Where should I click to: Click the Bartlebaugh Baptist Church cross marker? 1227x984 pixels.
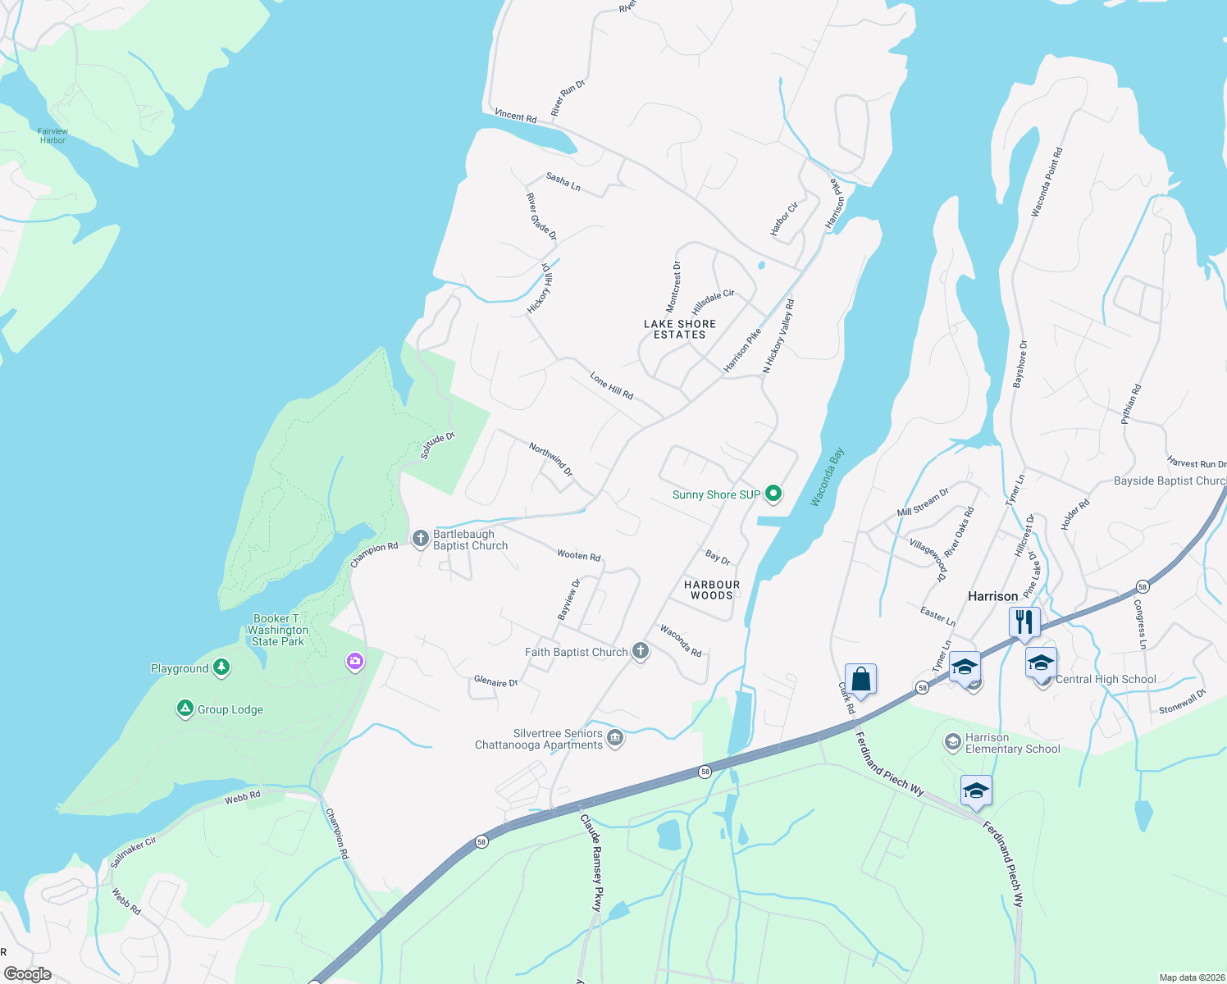point(420,539)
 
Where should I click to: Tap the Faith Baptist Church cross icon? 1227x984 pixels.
point(641,652)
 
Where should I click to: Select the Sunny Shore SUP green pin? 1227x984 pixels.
point(773,494)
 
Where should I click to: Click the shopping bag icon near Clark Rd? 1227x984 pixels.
point(860,679)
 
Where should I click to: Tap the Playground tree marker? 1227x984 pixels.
point(221,667)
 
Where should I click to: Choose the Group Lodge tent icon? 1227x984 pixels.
point(185,708)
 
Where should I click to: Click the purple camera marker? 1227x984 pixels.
point(355,661)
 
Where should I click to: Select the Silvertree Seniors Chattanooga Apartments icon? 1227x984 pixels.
point(615,739)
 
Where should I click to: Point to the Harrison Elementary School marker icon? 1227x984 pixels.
point(952,742)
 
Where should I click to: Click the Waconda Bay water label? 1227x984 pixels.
point(827,477)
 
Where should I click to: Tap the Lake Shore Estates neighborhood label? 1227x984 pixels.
point(680,330)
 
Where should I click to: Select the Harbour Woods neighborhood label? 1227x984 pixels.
point(712,590)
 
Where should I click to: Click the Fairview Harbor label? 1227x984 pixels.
point(53,136)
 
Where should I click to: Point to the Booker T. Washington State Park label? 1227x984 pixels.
point(278,630)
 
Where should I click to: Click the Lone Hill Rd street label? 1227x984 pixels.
point(612,385)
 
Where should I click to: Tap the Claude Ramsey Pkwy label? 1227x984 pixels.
point(592,863)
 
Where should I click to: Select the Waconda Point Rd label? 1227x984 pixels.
point(1047,182)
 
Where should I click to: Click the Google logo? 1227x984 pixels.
point(28,974)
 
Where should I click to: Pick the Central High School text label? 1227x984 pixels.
point(1106,679)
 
